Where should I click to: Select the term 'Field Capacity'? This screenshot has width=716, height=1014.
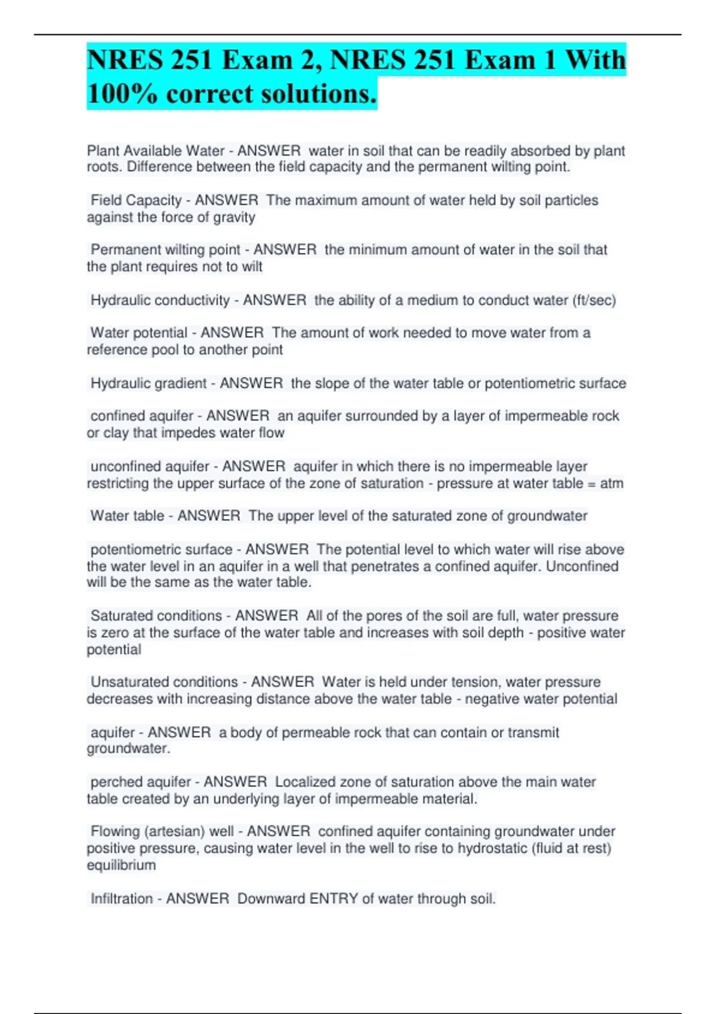(136, 200)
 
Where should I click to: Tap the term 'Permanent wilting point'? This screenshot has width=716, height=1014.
(165, 250)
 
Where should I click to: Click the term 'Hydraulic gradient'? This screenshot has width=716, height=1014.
(149, 383)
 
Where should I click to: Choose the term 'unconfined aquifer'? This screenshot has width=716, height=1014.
(150, 466)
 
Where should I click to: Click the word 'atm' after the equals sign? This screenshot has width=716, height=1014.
(612, 483)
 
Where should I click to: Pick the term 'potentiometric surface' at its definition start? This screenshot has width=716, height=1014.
(161, 549)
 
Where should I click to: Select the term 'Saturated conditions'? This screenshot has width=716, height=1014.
(156, 616)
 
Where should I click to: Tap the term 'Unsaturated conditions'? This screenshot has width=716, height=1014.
(164, 682)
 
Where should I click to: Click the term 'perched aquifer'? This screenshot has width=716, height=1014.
(140, 781)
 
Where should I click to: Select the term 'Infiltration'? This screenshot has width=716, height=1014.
(122, 898)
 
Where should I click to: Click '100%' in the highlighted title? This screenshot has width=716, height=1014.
(122, 94)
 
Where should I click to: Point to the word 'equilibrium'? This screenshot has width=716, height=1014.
(121, 865)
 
